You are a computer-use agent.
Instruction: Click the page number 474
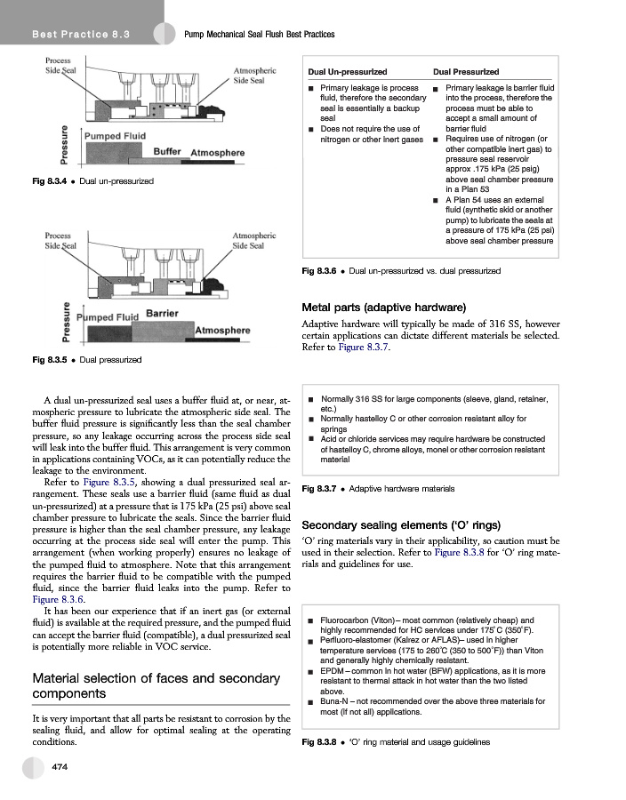(x=60, y=766)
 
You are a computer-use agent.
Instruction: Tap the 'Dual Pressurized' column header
(x=466, y=72)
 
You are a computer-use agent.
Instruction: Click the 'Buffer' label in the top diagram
(x=168, y=151)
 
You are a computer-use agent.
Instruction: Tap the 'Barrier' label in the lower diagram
(x=162, y=314)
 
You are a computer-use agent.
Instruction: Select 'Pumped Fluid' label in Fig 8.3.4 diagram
(x=115, y=136)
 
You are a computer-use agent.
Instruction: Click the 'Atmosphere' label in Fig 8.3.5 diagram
(x=224, y=330)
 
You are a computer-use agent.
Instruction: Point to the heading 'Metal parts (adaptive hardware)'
(x=384, y=307)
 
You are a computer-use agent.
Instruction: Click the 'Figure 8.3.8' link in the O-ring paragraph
(x=459, y=553)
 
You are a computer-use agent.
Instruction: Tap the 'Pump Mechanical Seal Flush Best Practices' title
(x=258, y=34)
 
